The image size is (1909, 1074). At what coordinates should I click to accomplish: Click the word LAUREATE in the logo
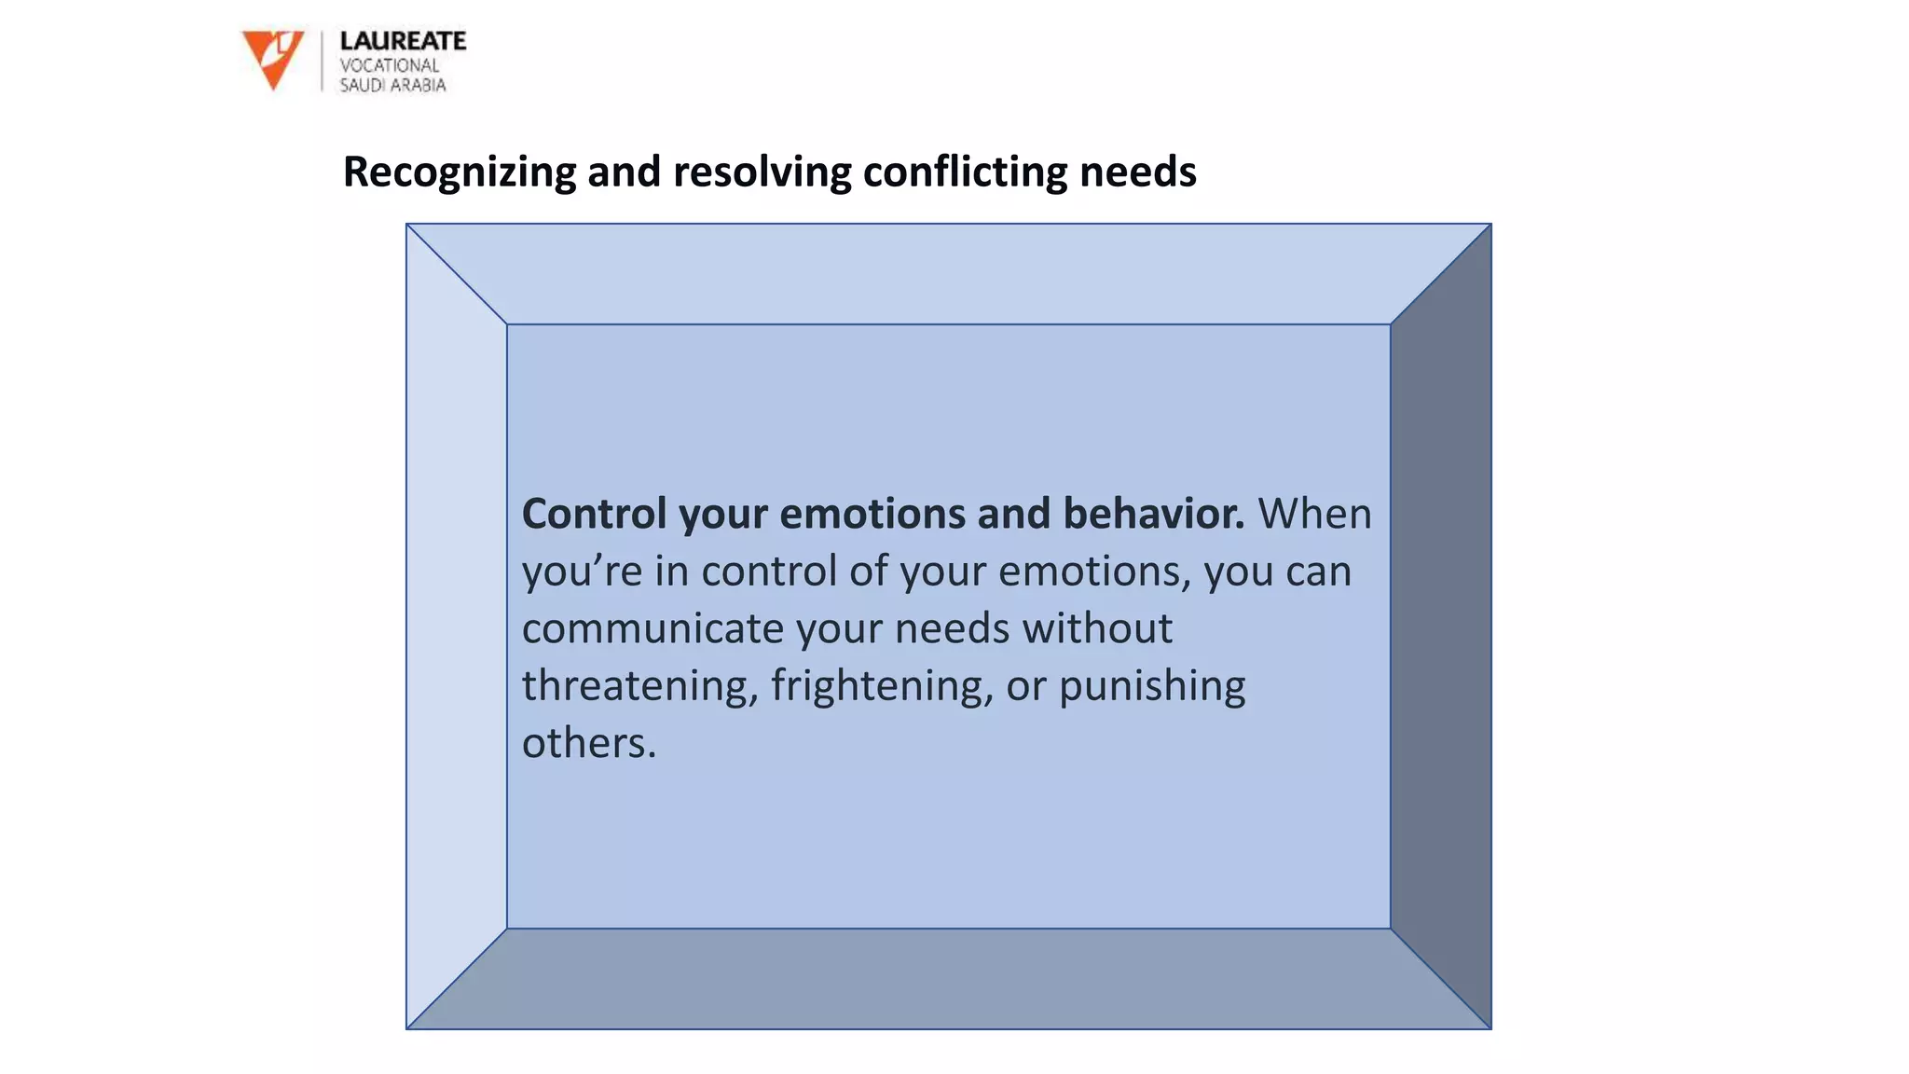[403, 41]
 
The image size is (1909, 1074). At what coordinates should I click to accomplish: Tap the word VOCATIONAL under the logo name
[389, 65]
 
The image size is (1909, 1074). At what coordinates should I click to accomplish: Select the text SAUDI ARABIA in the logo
[392, 86]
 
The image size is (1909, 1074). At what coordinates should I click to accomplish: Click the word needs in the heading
[1137, 172]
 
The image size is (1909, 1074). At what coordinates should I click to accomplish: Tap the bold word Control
[594, 514]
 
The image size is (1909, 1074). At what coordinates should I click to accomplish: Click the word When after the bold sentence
[1314, 514]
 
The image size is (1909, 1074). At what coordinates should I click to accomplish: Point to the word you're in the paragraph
[582, 571]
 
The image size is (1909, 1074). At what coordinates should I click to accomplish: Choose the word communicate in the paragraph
[652, 628]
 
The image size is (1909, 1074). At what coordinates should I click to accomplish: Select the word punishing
[1152, 685]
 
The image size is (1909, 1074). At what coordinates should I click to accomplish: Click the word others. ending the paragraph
[589, 743]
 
